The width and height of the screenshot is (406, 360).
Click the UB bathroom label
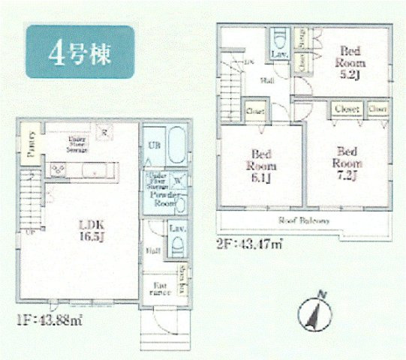153,145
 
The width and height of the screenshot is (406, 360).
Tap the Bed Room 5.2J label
350,57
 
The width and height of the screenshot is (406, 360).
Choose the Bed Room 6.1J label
263,166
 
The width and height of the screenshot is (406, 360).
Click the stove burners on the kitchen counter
57,169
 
